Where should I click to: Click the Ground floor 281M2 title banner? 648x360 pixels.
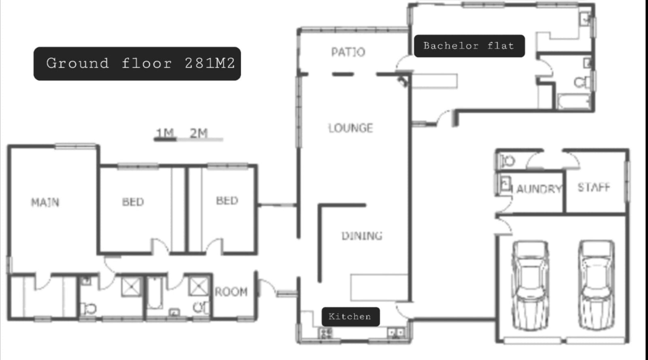pyautogui.click(x=137, y=64)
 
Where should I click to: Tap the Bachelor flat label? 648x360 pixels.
pyautogui.click(x=469, y=46)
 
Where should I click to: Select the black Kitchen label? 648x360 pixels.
pyautogui.click(x=351, y=317)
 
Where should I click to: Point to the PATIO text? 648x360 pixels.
pyautogui.click(x=348, y=52)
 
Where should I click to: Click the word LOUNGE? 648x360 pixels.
pyautogui.click(x=351, y=128)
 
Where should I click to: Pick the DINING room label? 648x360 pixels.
pyautogui.click(x=362, y=236)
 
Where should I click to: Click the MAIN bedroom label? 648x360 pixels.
pyautogui.click(x=45, y=202)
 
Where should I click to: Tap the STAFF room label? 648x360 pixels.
pyautogui.click(x=594, y=187)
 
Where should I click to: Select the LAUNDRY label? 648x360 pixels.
pyautogui.click(x=539, y=189)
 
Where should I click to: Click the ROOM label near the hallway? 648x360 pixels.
pyautogui.click(x=231, y=292)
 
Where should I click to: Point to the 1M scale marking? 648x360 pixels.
pyautogui.click(x=165, y=133)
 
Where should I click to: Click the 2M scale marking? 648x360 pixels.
pyautogui.click(x=199, y=133)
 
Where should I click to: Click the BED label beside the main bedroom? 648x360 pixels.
pyautogui.click(x=133, y=202)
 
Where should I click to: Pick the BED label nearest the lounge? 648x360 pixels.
pyautogui.click(x=227, y=200)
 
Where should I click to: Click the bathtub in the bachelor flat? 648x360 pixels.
pyautogui.click(x=574, y=102)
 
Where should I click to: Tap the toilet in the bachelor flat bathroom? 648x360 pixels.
pyautogui.click(x=582, y=83)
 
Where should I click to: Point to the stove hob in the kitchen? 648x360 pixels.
pyautogui.click(x=326, y=333)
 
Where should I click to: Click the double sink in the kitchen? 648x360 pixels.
pyautogui.click(x=396, y=333)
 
